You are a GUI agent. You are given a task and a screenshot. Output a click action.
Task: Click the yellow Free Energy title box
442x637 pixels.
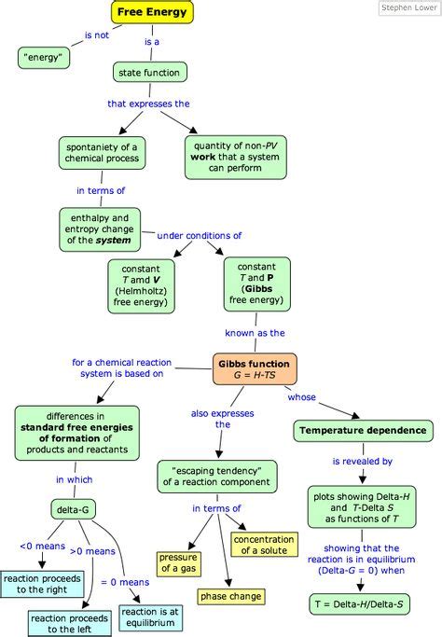(152, 12)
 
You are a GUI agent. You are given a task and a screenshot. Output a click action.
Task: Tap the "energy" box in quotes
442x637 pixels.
(45, 59)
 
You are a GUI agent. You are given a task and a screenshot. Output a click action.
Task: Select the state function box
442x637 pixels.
(150, 72)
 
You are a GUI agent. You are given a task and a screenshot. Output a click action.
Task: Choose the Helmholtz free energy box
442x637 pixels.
(149, 284)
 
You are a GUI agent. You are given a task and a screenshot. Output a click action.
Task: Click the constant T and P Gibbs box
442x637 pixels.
(256, 284)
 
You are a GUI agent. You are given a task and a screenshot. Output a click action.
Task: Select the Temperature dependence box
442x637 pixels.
(363, 431)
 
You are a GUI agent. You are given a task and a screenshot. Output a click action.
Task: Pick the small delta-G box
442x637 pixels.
(75, 509)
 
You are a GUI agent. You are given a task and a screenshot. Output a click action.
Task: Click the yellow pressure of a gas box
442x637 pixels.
(177, 563)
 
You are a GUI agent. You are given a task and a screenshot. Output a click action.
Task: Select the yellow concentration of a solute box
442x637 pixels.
(264, 545)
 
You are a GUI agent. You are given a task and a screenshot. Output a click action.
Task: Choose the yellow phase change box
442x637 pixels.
(230, 595)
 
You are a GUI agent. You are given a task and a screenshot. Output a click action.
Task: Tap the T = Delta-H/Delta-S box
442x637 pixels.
(358, 604)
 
